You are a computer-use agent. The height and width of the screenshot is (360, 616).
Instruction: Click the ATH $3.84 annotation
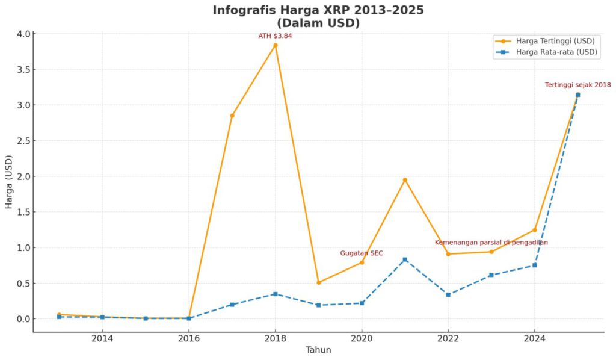(275, 36)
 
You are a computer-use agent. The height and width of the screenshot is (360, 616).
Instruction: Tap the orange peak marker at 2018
(276, 45)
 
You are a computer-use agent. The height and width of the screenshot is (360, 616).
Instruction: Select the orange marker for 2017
(232, 115)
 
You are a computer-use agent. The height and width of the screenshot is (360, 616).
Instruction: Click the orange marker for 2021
(405, 180)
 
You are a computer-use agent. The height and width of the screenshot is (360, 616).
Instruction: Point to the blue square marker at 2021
(405, 259)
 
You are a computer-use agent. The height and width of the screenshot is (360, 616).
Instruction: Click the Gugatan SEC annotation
(361, 253)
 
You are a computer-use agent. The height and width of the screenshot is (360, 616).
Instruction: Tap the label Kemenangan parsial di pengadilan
(491, 243)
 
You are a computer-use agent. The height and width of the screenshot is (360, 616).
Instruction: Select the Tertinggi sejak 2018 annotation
(577, 85)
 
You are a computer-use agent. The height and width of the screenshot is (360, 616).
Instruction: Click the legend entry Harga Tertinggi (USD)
(555, 41)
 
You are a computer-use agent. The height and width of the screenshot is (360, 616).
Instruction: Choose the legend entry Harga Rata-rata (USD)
(556, 52)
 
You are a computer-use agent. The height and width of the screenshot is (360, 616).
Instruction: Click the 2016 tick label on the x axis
(189, 338)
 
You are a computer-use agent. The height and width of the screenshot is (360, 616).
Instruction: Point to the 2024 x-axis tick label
(534, 338)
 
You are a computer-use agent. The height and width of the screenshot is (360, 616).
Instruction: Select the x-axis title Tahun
(318, 350)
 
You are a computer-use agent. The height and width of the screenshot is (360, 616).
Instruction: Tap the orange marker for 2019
(319, 282)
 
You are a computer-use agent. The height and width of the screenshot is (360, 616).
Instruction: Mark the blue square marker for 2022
(448, 294)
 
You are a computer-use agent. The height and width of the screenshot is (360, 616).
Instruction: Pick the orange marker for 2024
(534, 229)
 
